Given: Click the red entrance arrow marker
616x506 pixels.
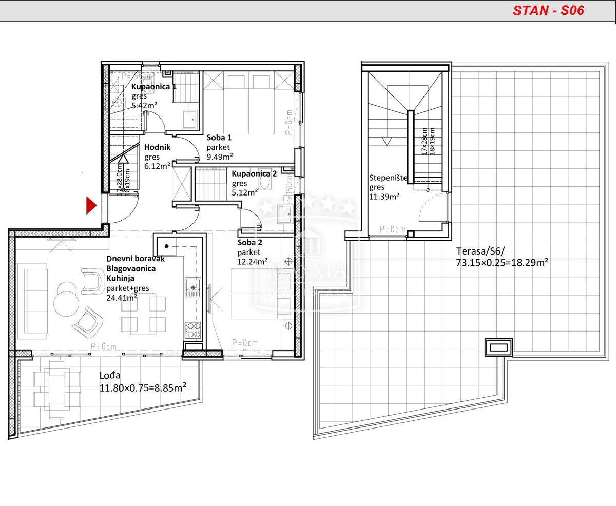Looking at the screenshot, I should tap(91, 205).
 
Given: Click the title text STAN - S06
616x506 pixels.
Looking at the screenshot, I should tap(548, 11).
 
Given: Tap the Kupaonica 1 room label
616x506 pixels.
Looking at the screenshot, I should tap(153, 87).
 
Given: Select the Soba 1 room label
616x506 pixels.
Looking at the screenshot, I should tap(219, 138).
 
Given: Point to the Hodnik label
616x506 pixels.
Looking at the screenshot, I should tap(157, 147).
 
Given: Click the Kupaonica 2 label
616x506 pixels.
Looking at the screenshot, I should tap(254, 173).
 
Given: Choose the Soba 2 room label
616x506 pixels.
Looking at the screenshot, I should tap(249, 242).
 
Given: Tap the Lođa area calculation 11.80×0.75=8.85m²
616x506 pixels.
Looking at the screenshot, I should tap(142, 387).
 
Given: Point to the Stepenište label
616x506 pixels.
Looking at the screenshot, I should tap(388, 178).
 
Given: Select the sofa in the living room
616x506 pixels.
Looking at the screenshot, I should tap(32, 300).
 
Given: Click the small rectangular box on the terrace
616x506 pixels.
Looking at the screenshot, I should tap(498, 347).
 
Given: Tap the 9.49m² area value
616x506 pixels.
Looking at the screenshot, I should tap(220, 157).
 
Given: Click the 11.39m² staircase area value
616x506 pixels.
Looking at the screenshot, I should tap(384, 197).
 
